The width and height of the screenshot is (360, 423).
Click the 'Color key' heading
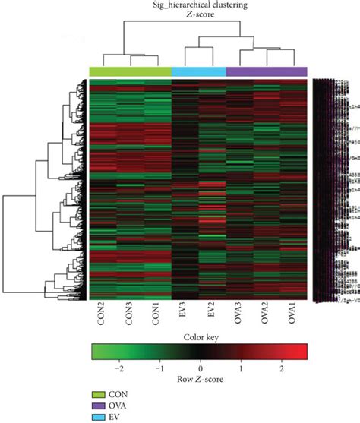point(200,339)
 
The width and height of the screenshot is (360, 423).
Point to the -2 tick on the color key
point(118,366)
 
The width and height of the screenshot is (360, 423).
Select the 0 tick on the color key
point(201,366)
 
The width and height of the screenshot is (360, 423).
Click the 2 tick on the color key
point(282,366)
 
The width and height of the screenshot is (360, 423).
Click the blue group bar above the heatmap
point(199,71)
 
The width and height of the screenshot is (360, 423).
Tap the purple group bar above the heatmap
point(267,71)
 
